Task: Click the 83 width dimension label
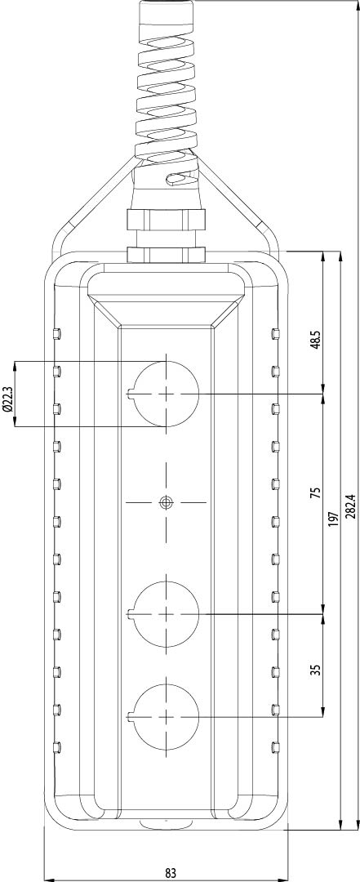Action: pyautogui.click(x=169, y=871)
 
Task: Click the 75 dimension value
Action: pyautogui.click(x=315, y=492)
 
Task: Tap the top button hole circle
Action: pyautogui.click(x=167, y=393)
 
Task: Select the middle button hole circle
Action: pyautogui.click(x=167, y=612)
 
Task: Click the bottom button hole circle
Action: pyautogui.click(x=167, y=716)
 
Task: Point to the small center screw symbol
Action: pyautogui.click(x=167, y=501)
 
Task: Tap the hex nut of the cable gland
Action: pyautogui.click(x=166, y=220)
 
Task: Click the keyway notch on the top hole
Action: pyautogui.click(x=132, y=393)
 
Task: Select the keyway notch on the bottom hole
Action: pyautogui.click(x=132, y=716)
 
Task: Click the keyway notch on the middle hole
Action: pyautogui.click(x=132, y=612)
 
